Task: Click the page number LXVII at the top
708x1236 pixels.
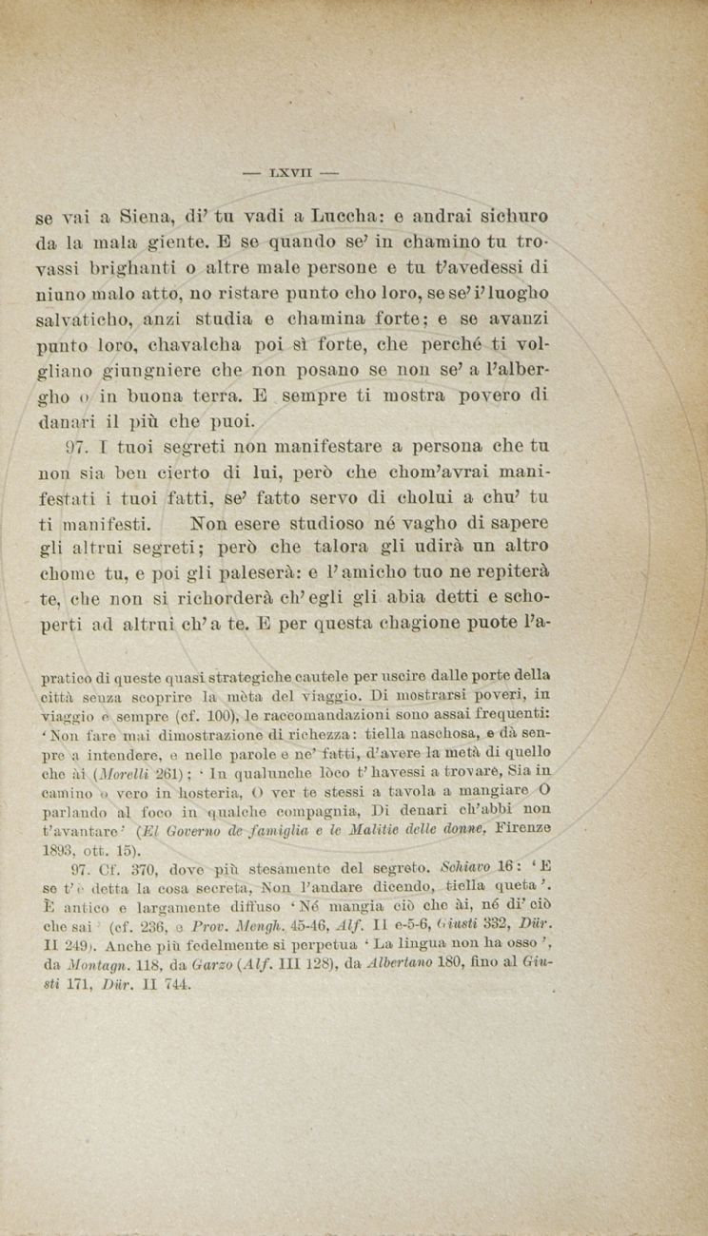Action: point(290,173)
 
